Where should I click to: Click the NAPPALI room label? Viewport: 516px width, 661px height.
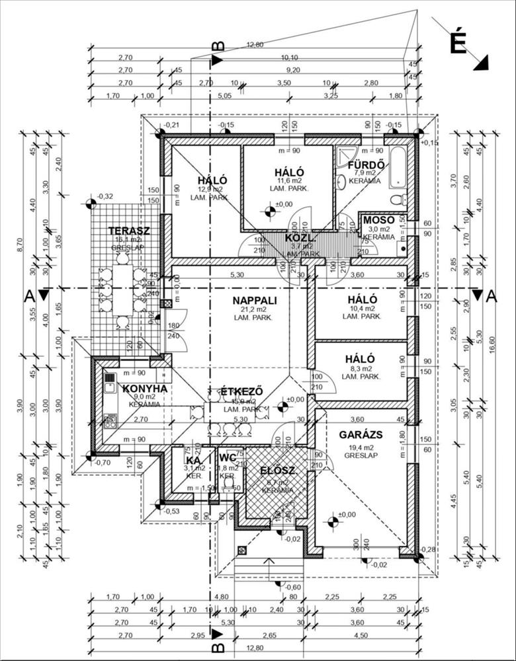click(x=255, y=300)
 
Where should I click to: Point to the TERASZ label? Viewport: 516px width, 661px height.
click(x=129, y=231)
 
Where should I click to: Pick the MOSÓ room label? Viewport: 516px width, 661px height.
click(x=379, y=219)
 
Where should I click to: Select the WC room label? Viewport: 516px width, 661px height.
click(x=227, y=459)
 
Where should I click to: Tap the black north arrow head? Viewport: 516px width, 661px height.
click(x=482, y=62)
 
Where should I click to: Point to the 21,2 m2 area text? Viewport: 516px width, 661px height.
click(x=255, y=309)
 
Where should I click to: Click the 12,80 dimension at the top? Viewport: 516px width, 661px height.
click(x=255, y=45)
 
